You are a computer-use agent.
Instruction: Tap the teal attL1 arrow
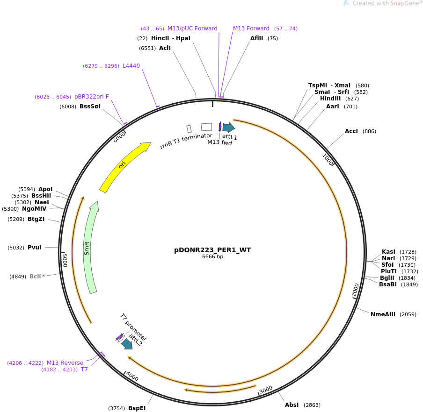(x=229, y=128)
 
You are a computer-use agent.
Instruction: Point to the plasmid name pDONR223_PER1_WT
(x=212, y=250)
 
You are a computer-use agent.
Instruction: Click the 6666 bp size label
(x=212, y=256)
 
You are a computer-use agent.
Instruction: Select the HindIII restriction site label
(x=330, y=99)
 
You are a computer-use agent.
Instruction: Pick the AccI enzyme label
(x=351, y=131)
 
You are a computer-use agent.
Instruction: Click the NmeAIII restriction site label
(x=383, y=314)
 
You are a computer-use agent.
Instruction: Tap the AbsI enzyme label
(x=292, y=405)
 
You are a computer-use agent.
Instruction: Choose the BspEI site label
(x=137, y=408)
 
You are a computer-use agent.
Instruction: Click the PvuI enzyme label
(x=35, y=248)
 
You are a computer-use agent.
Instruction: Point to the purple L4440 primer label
(x=131, y=66)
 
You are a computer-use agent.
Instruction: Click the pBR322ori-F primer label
(x=91, y=96)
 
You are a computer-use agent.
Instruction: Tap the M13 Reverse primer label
(x=65, y=363)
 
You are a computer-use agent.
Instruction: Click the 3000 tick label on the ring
(x=266, y=390)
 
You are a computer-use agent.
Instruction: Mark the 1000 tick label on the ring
(x=328, y=160)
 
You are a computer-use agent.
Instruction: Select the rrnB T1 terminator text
(x=186, y=141)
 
